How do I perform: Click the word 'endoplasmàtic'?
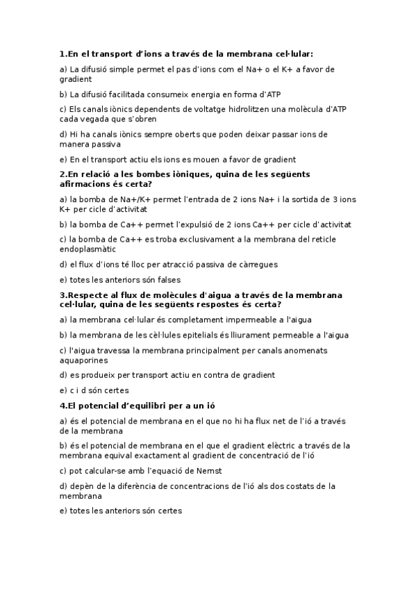(88, 249)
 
